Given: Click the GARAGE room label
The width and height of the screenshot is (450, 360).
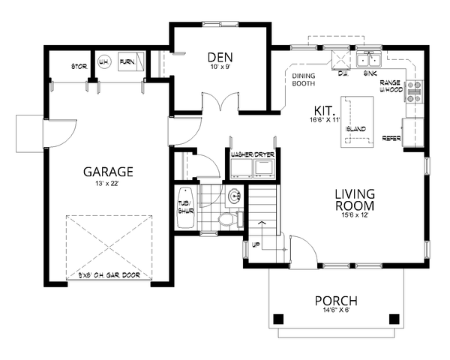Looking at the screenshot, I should tap(108, 171).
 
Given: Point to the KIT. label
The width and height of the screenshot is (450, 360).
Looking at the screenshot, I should tap(325, 109).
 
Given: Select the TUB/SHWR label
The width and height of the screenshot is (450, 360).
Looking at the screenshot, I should tap(184, 207).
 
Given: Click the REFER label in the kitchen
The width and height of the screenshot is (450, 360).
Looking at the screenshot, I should tap(391, 138).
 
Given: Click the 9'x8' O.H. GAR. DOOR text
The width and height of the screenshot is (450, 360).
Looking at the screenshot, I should tap(109, 275).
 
